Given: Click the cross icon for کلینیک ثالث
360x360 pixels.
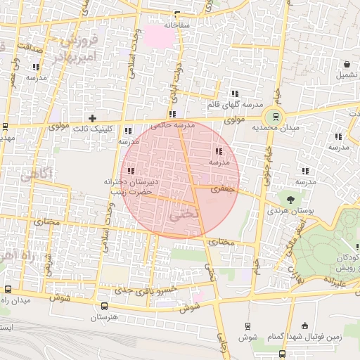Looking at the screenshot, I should click(92, 117).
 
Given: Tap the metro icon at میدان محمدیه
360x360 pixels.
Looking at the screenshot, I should click(275, 117).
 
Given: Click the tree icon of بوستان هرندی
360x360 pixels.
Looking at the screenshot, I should click(285, 198).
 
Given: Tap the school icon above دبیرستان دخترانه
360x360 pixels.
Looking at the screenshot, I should click(131, 171).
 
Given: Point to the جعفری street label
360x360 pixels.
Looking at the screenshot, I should click(221, 189).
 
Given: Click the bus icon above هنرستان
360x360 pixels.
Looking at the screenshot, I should click(105, 306).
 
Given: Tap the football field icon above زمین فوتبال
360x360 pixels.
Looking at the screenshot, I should click(304, 326).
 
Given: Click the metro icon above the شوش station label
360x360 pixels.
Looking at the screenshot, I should click(247, 326).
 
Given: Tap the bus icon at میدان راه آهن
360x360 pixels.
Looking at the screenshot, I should click(8, 289).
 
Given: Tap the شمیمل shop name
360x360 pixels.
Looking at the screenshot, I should click(345, 75).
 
